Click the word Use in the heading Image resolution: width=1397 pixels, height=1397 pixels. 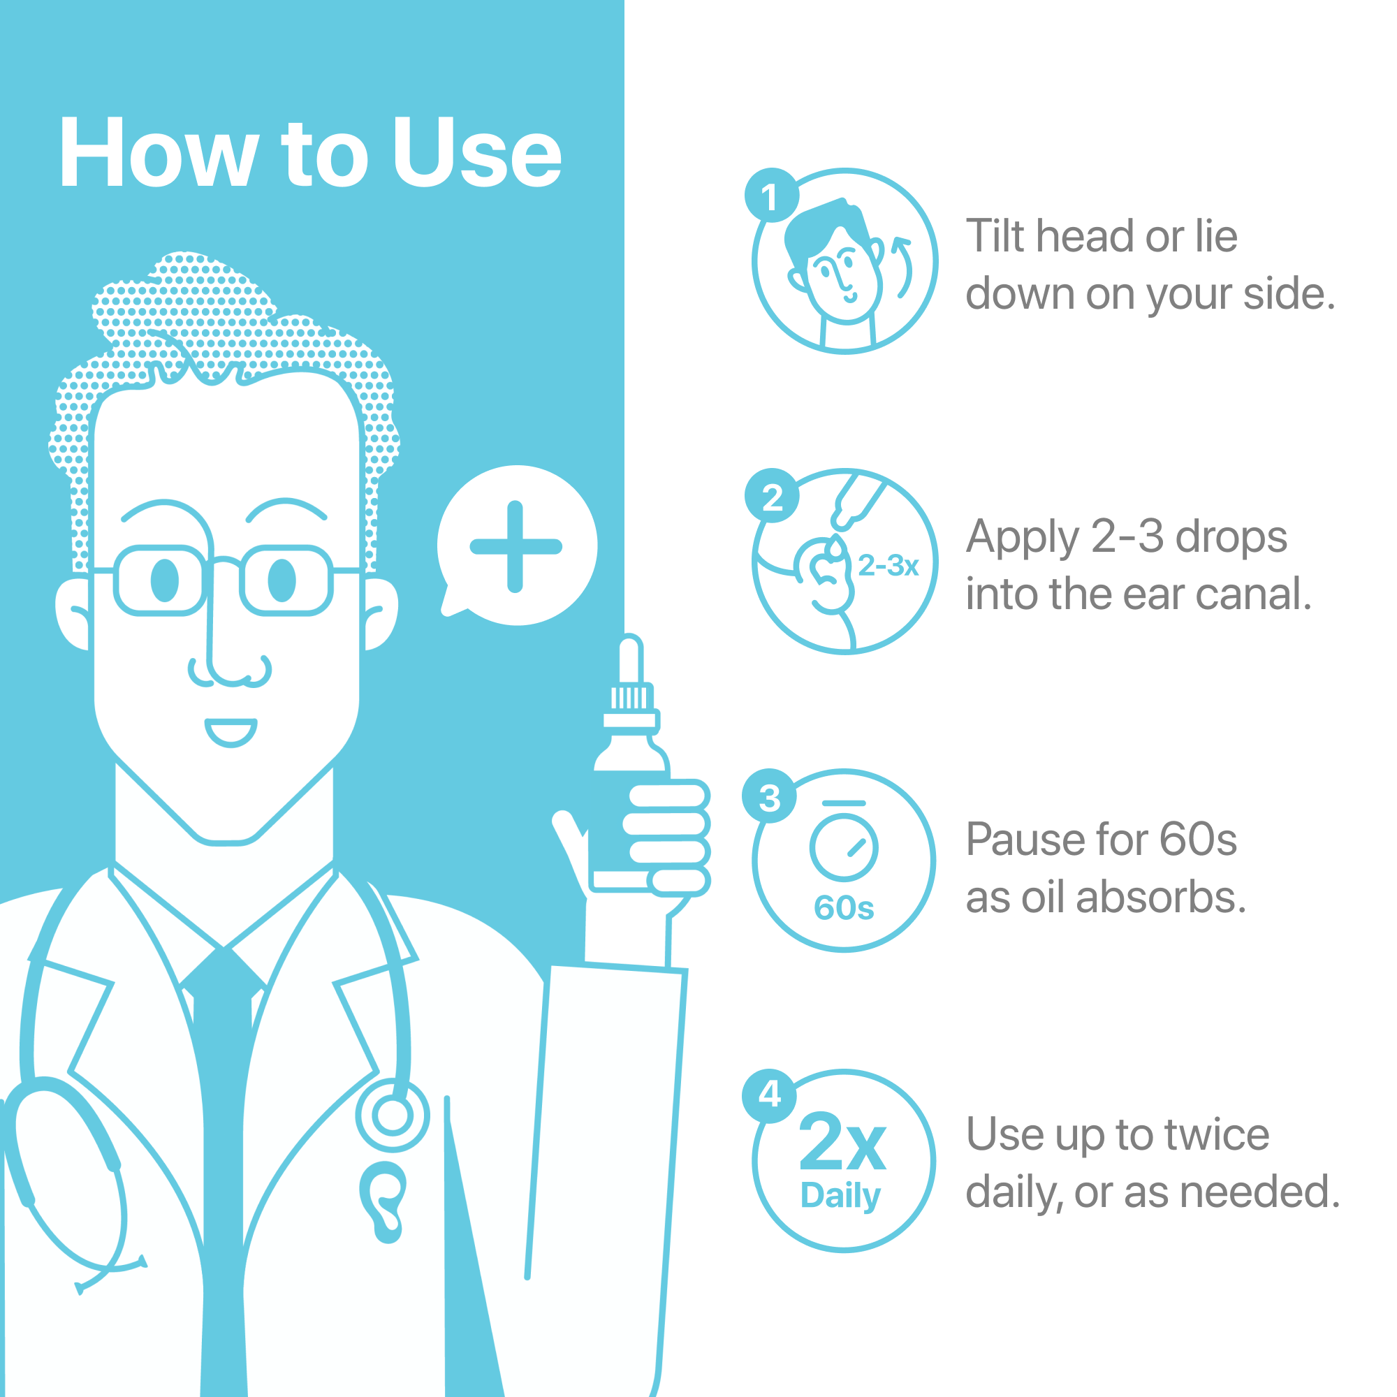[x=476, y=152]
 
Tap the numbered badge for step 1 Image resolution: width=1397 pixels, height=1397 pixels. [x=772, y=196]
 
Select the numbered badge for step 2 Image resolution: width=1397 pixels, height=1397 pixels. [x=772, y=496]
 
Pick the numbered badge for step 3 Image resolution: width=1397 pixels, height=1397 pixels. [x=769, y=796]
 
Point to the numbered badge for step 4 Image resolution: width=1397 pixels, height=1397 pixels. [x=769, y=1095]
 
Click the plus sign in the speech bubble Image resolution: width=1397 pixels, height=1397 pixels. [x=515, y=547]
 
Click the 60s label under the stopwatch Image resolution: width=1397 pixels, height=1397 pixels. [x=844, y=908]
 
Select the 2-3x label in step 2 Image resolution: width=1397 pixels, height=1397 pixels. [x=888, y=566]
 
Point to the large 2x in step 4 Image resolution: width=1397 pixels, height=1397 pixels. [x=842, y=1143]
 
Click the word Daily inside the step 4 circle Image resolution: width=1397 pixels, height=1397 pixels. [x=840, y=1196]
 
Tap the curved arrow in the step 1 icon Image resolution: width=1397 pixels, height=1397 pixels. [x=903, y=267]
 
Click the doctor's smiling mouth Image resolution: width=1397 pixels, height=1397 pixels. [x=231, y=732]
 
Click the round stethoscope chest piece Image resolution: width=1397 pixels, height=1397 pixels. [x=393, y=1116]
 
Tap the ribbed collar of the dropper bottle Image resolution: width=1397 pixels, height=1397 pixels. [x=629, y=698]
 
